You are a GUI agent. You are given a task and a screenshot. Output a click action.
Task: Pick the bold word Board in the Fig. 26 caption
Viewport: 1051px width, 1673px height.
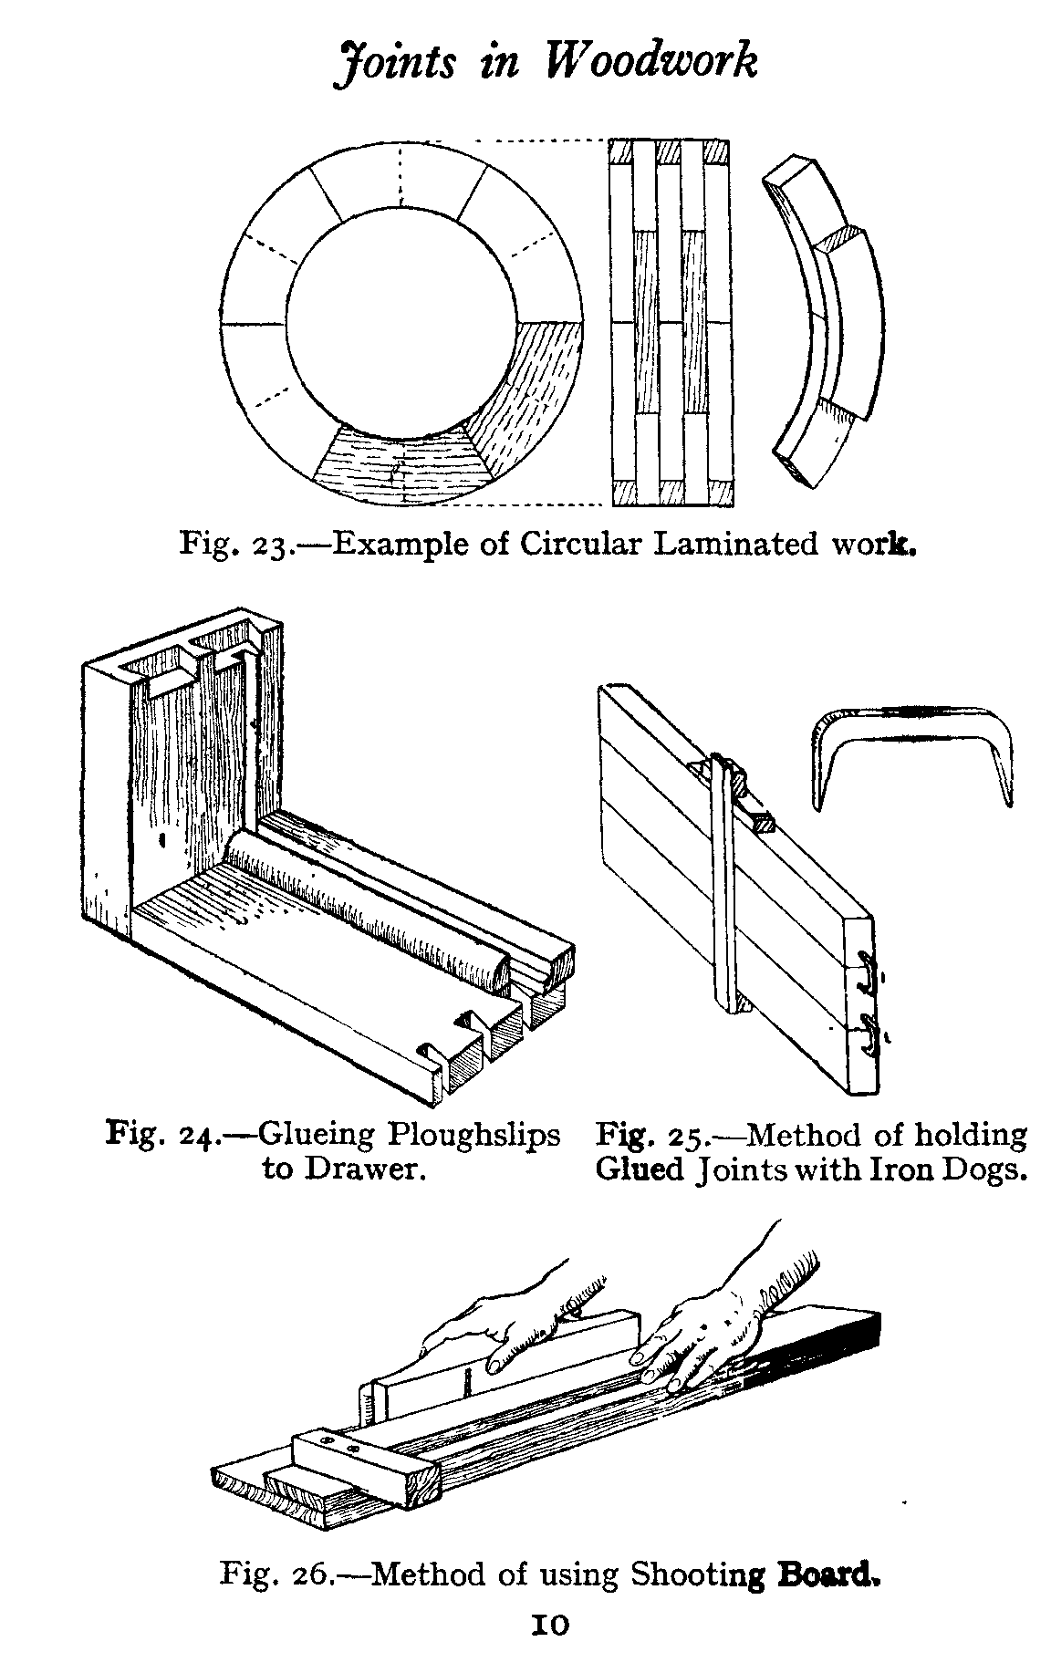coord(827,1574)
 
